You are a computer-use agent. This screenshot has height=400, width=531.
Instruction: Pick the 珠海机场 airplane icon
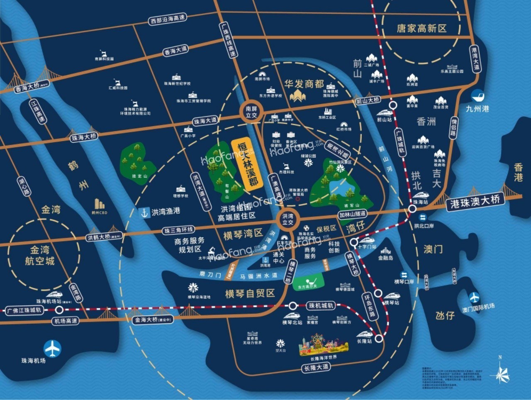click(53, 348)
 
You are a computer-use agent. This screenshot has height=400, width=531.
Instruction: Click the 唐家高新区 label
click(421, 28)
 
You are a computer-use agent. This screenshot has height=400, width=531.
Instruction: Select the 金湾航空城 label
click(40, 255)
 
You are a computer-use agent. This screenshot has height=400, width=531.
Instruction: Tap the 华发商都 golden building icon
click(298, 96)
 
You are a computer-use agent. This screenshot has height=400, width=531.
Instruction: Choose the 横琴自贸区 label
click(250, 293)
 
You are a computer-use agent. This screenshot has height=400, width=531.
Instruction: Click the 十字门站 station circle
click(353, 243)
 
